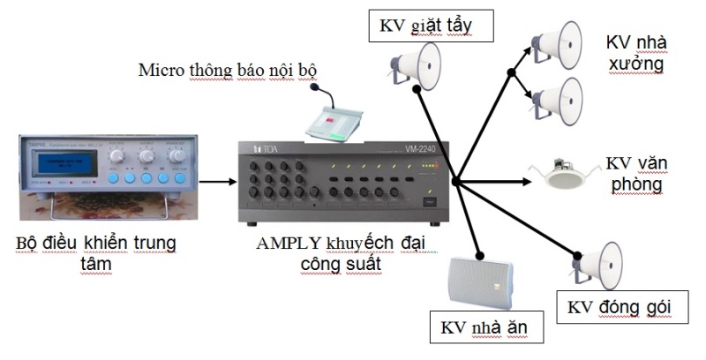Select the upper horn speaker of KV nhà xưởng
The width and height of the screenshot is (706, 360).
click(x=558, y=44)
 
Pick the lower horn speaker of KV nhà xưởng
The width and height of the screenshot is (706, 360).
click(x=558, y=97)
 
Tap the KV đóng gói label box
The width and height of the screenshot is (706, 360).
click(x=620, y=307)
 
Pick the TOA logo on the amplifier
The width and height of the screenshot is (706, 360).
click(x=262, y=149)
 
